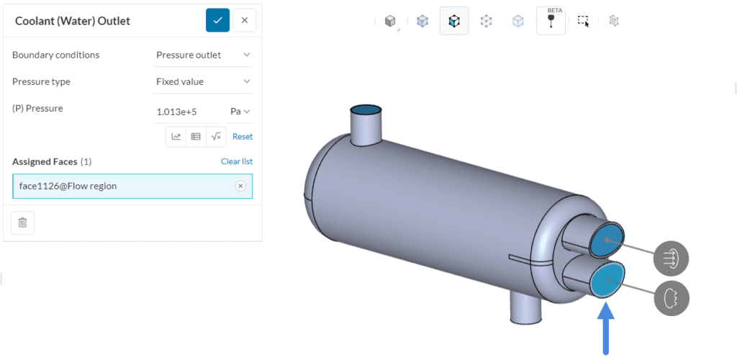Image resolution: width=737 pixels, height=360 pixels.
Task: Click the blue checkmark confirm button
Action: click(x=217, y=20)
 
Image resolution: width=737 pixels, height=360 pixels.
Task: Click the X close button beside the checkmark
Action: click(x=244, y=20)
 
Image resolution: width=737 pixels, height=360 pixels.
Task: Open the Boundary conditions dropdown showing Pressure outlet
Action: click(x=204, y=55)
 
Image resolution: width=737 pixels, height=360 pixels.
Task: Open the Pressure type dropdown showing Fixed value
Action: click(x=204, y=81)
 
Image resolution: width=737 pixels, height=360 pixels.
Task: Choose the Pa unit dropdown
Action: click(x=240, y=111)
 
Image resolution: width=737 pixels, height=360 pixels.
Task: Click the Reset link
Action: click(x=242, y=136)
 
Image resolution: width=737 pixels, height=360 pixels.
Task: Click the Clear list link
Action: click(x=236, y=161)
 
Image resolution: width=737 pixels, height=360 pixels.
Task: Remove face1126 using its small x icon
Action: click(x=240, y=186)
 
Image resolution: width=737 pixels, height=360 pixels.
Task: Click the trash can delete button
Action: click(x=22, y=222)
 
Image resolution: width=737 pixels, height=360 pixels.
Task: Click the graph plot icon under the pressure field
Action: click(x=176, y=136)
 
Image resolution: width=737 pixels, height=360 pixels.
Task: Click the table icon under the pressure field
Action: click(x=196, y=136)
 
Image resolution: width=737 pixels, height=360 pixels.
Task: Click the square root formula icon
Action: click(x=215, y=136)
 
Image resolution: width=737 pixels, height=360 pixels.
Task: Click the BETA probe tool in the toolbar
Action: click(x=551, y=21)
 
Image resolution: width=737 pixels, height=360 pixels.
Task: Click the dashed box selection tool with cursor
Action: click(x=583, y=21)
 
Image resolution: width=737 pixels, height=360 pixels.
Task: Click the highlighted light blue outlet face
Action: click(x=606, y=281)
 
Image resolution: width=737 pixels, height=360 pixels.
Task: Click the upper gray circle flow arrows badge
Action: click(x=671, y=258)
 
